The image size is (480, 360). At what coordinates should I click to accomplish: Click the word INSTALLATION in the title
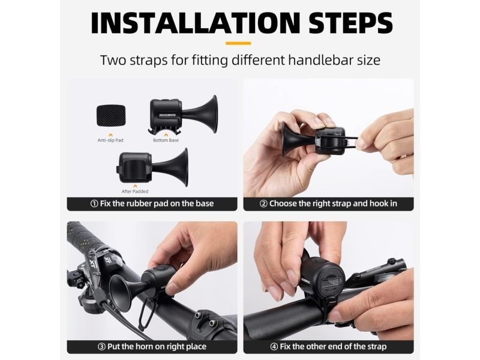pos(196,23)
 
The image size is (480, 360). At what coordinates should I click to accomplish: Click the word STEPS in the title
pos(350,23)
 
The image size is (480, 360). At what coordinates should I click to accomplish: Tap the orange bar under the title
pos(238,43)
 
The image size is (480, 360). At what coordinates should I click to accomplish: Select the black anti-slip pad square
pos(111,115)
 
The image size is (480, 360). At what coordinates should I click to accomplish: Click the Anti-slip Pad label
pos(110,140)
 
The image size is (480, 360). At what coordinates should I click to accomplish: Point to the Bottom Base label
pos(166,140)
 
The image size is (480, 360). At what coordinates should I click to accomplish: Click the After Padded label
pos(135,191)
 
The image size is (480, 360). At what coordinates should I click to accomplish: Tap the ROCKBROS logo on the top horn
pos(167,115)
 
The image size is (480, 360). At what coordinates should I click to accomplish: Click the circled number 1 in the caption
pos(94,204)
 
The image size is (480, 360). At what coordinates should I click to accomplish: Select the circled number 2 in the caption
pos(263,204)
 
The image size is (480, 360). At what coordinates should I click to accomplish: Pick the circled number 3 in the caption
pos(101,347)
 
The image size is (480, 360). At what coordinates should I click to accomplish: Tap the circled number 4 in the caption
pos(274,347)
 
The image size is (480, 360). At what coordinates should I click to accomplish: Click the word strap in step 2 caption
pos(340,204)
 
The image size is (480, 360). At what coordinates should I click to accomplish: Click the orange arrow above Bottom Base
pos(166,134)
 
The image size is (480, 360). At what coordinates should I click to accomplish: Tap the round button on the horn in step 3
pos(160,268)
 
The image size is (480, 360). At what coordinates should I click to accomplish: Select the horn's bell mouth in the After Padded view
pos(185,167)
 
